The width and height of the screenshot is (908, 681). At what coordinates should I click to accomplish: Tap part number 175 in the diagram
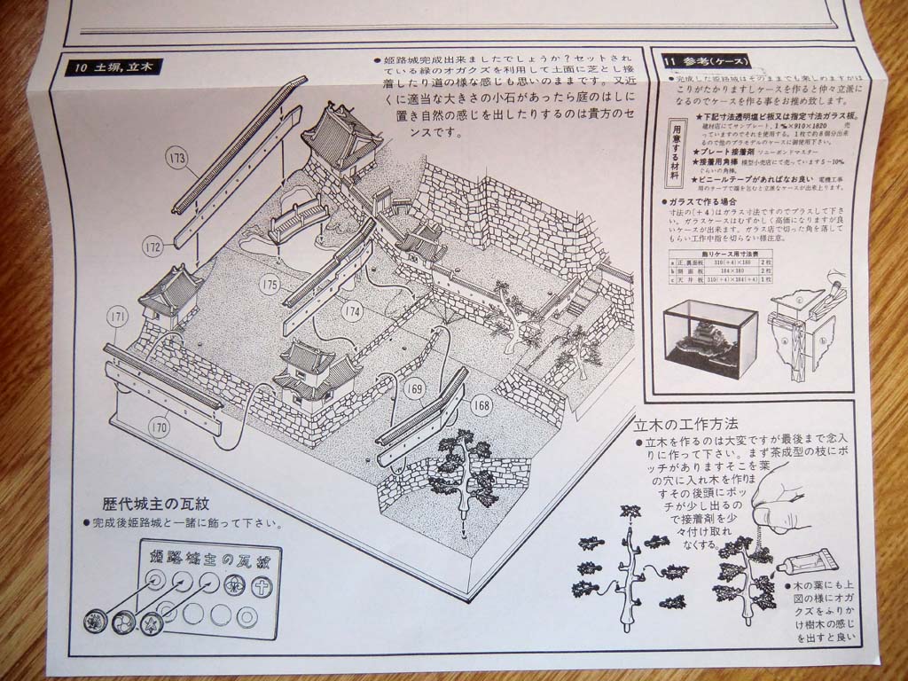(x=270, y=285)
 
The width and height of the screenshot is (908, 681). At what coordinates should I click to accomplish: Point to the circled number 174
(x=352, y=311)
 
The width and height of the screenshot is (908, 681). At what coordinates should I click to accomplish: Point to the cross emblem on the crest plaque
(x=262, y=586)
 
